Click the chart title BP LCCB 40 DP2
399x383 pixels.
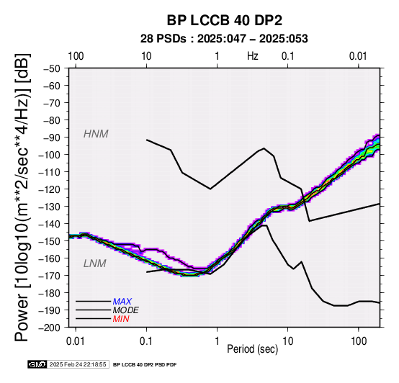click(224, 20)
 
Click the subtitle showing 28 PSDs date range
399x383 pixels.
click(224, 39)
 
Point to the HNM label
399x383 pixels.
click(96, 134)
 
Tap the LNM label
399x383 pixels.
click(94, 263)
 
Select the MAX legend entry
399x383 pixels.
click(122, 302)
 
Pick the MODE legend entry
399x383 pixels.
click(126, 310)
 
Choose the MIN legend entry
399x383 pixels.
click(121, 319)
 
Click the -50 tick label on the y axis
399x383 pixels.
click(52, 68)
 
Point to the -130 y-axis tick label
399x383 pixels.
click(50, 207)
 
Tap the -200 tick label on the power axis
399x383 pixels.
click(50, 328)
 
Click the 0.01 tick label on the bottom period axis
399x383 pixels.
click(76, 341)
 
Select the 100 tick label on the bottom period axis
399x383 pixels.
click(359, 341)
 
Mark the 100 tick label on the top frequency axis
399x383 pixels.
click(76, 56)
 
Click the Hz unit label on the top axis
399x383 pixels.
click(252, 56)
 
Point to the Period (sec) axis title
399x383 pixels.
click(252, 349)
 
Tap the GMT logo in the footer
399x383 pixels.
click(37, 364)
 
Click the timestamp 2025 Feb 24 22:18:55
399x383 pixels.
click(78, 364)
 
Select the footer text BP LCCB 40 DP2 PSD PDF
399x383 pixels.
click(145, 365)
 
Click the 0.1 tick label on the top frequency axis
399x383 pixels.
click(288, 56)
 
